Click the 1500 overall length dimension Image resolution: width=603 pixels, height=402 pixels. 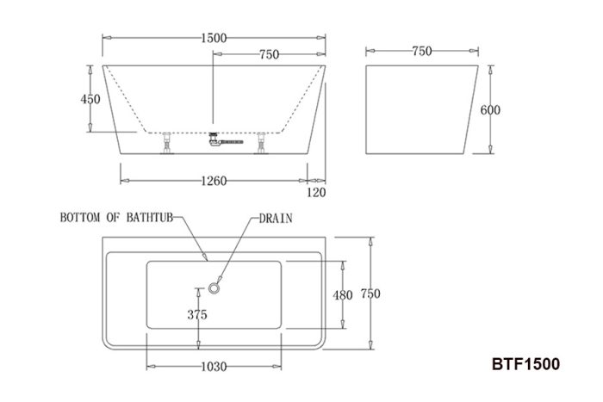(x=214, y=38)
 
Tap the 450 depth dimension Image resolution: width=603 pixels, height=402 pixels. (x=90, y=99)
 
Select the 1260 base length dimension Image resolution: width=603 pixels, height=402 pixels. (x=214, y=181)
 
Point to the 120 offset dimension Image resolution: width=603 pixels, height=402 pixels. (x=316, y=192)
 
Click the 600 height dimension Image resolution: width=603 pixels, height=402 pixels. (x=490, y=110)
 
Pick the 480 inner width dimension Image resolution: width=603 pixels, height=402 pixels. (x=343, y=295)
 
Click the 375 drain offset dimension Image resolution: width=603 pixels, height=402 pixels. (x=197, y=315)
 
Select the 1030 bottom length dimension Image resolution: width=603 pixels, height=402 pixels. (x=214, y=367)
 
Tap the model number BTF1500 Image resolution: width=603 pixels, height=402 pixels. (x=525, y=364)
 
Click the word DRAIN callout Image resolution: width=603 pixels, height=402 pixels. (x=276, y=219)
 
